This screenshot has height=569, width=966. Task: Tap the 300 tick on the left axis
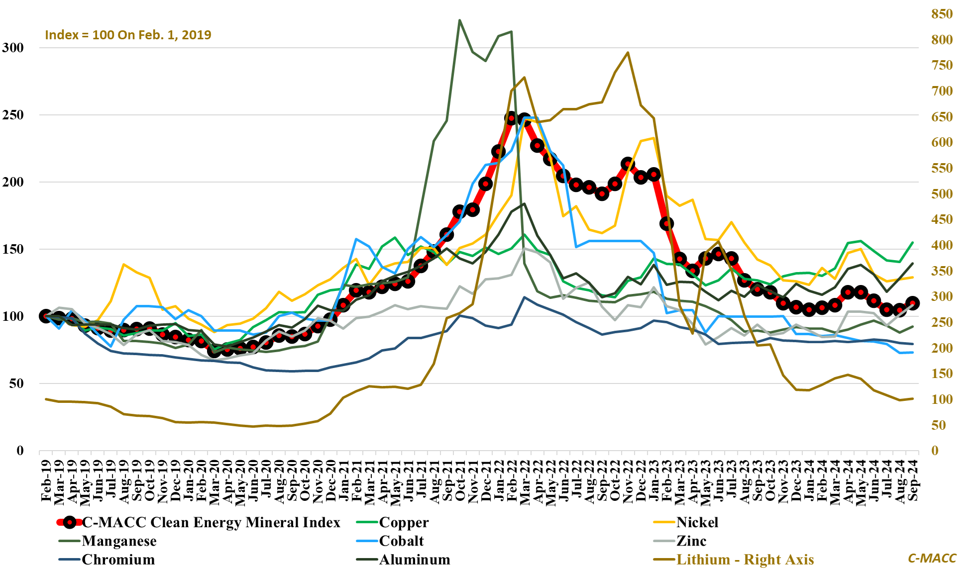pos(13,48)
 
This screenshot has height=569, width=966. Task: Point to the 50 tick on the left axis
pos(16,383)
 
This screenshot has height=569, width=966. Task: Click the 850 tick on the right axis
pos(942,14)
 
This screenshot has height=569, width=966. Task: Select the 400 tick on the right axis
pos(942,245)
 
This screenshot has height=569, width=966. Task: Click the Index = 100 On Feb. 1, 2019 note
pos(128,35)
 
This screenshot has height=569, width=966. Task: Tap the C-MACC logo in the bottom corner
pos(932,559)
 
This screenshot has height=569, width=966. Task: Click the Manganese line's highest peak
pos(459,20)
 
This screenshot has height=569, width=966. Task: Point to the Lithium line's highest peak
pos(628,52)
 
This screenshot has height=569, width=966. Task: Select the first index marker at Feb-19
pos(46,316)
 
